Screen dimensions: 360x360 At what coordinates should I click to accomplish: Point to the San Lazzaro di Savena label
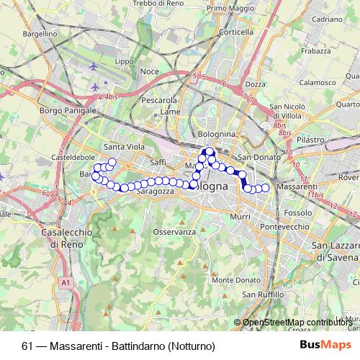(x=335, y=251)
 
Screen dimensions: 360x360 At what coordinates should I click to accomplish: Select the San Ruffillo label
(x=261, y=294)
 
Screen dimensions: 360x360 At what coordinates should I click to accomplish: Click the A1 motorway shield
(x=66, y=283)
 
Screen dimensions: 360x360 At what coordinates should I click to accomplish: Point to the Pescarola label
(x=158, y=100)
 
